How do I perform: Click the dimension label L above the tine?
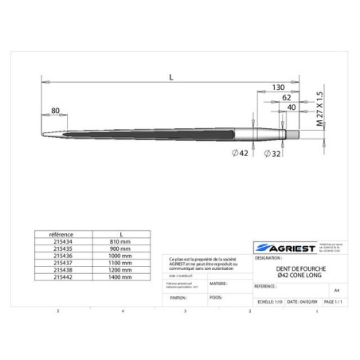pos(172,76)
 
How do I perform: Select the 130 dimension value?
pos(279,87)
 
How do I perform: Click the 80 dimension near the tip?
pos(56,110)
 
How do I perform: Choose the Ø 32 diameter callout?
pos(272,152)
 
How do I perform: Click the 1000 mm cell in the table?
pos(120,255)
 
